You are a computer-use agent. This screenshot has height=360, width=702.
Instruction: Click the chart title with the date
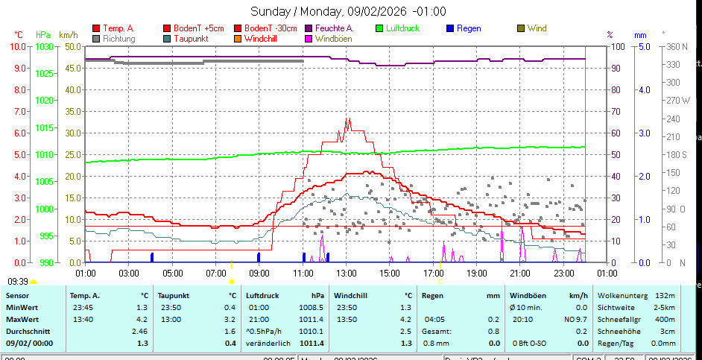[348, 11]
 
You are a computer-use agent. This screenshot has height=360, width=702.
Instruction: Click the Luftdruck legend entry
[402, 28]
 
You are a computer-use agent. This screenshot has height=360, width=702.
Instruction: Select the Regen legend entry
[469, 28]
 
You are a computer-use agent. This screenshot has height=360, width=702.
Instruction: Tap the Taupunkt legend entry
[190, 38]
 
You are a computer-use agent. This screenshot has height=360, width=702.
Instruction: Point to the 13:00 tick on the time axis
[346, 272]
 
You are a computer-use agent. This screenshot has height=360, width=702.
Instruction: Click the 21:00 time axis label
[519, 272]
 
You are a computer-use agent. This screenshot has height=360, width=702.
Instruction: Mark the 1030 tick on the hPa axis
[44, 46]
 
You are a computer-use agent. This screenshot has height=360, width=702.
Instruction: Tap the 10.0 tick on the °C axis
[18, 46]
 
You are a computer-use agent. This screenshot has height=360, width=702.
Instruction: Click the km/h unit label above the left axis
[69, 35]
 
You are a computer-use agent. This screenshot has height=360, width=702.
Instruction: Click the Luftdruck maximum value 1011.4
[311, 343]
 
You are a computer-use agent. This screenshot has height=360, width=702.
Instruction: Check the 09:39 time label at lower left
[18, 281]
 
